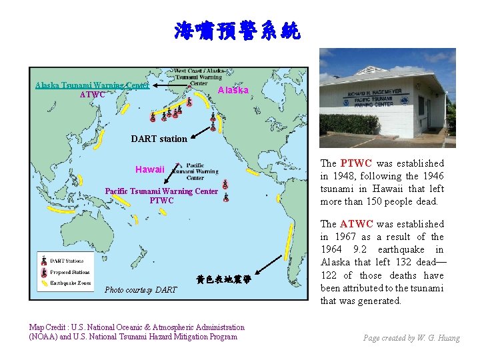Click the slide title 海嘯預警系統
point(238,31)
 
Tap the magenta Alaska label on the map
point(233,90)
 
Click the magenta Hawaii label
point(149,169)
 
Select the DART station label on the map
point(159,139)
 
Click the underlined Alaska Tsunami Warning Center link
point(92,85)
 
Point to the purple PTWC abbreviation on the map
point(161,201)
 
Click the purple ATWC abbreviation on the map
point(92,95)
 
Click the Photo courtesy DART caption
point(141,289)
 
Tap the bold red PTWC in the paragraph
point(356,163)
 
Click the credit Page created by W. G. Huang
point(411,338)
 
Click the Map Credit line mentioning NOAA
point(137,331)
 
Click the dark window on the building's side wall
point(421,106)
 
